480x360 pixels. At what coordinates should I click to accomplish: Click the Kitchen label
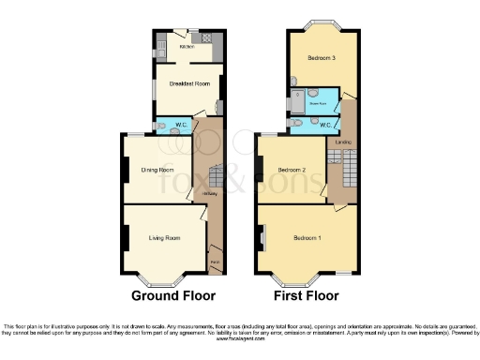point(186,45)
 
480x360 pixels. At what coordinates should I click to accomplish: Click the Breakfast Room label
point(187,84)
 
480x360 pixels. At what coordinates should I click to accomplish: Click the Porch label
point(215,261)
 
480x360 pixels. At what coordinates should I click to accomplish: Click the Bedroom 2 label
point(292,170)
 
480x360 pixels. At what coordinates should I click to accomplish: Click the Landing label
point(344,142)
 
